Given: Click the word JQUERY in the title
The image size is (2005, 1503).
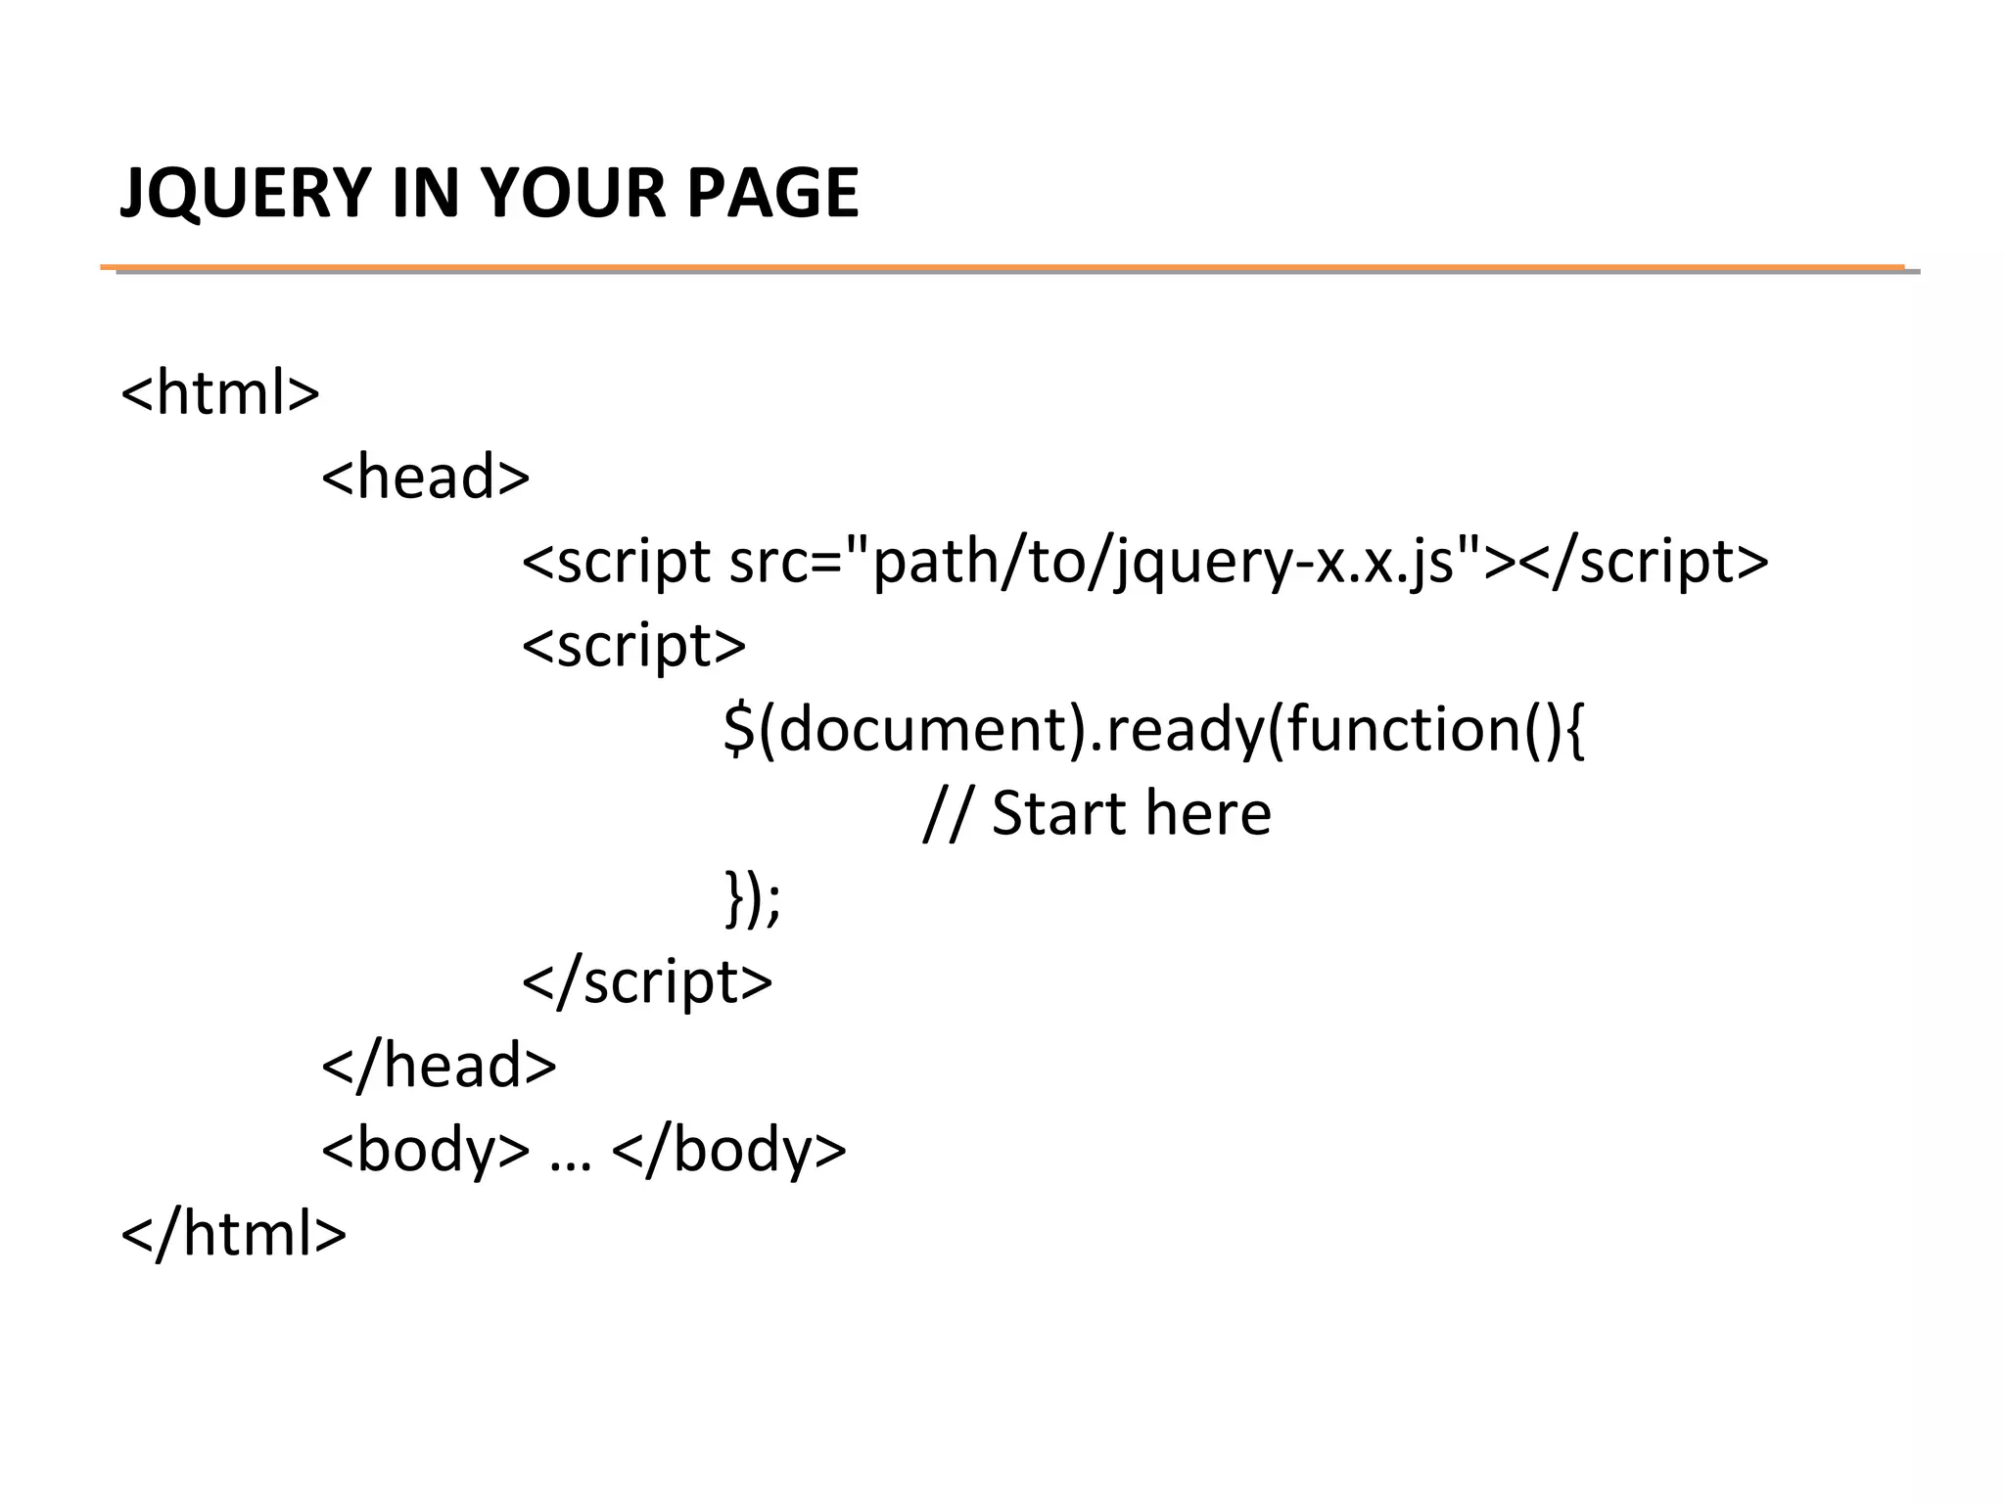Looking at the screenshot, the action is pyautogui.click(x=245, y=193).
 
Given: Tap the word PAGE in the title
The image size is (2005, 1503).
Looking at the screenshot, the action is pyautogui.click(x=771, y=193).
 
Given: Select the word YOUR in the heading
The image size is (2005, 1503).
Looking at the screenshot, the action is pyautogui.click(x=573, y=193).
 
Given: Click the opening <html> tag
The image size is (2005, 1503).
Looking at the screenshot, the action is pyautogui.click(x=220, y=393).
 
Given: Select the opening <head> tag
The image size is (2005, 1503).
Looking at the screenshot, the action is pyautogui.click(x=426, y=478).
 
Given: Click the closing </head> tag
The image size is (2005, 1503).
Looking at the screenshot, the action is pyautogui.click(x=440, y=1066).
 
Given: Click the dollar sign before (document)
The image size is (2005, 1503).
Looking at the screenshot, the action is pyautogui.click(x=739, y=730).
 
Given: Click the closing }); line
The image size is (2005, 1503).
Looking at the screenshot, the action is pyautogui.click(x=753, y=898).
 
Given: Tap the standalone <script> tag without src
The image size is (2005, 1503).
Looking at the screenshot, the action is pyautogui.click(x=634, y=647).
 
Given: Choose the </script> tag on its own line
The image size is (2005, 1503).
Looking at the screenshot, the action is pyautogui.click(x=648, y=982).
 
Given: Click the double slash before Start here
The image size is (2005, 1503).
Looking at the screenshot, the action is pyautogui.click(x=946, y=814).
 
